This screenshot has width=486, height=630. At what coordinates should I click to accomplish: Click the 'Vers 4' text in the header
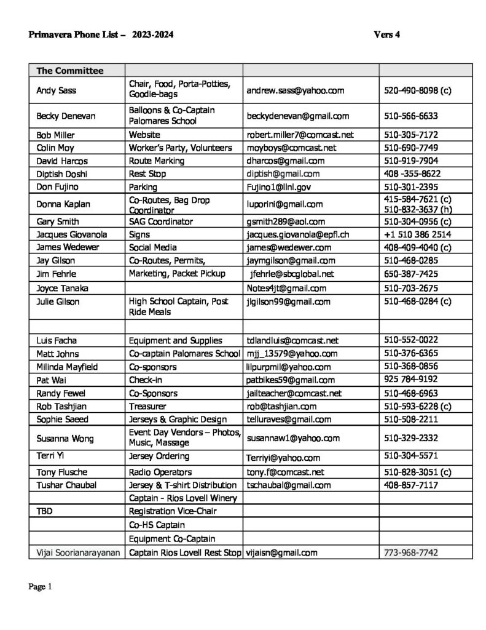[386, 35]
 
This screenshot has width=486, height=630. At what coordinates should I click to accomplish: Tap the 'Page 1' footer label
[40, 587]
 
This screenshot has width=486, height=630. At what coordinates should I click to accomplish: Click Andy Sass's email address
[295, 90]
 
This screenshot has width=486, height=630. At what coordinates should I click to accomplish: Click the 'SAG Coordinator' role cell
[161, 221]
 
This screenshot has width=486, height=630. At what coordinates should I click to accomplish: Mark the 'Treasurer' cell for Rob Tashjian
[147, 406]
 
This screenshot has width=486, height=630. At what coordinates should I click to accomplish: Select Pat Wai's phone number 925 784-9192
[410, 380]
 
